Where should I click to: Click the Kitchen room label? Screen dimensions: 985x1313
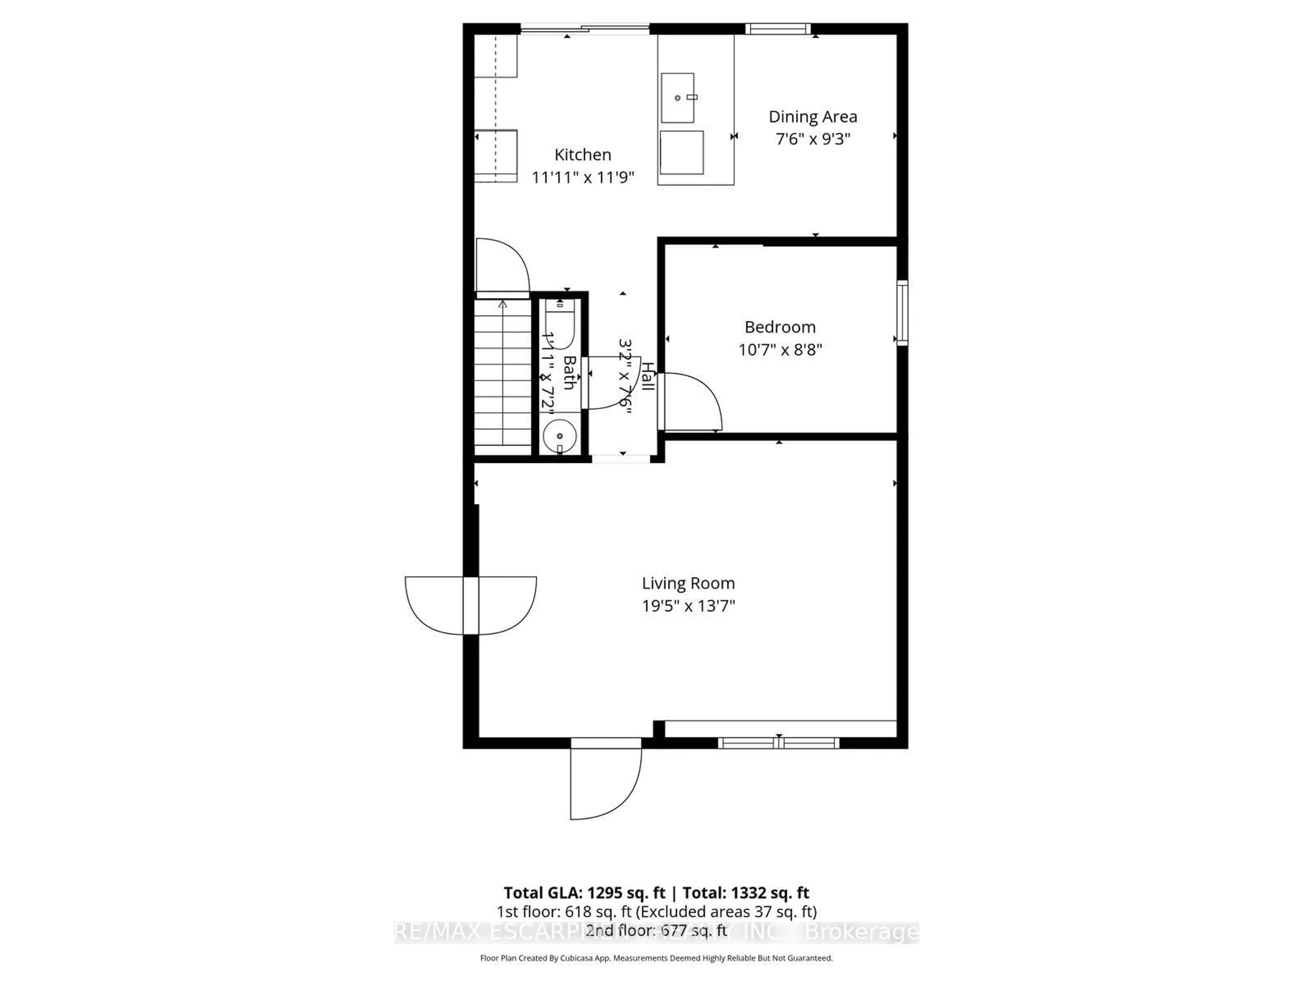tap(582, 155)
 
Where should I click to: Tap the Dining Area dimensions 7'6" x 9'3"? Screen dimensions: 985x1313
tap(813, 139)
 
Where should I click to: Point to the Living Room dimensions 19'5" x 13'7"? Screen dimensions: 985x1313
tap(688, 606)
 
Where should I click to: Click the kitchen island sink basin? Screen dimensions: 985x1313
tap(677, 98)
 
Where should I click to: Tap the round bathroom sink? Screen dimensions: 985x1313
tap(560, 436)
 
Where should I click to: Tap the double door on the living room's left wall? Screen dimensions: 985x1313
tap(471, 605)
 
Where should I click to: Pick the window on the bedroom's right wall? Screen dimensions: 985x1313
tap(902, 313)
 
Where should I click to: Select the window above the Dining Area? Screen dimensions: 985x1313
tap(778, 28)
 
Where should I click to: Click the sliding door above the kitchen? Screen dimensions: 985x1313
tap(585, 28)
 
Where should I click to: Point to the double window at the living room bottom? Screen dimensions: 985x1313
tap(778, 743)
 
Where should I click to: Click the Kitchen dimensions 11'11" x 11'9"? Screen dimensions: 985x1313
tap(582, 177)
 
